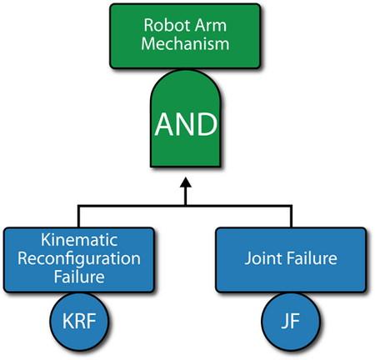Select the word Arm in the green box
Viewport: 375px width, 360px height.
(211, 25)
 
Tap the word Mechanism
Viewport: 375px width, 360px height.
(185, 43)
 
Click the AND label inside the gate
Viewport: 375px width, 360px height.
(186, 124)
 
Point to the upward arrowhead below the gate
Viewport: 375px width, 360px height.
(186, 182)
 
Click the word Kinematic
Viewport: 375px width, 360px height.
(79, 240)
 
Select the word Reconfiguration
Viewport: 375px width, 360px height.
(79, 259)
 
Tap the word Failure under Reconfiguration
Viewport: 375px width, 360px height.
(79, 277)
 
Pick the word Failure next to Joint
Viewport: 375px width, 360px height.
(312, 258)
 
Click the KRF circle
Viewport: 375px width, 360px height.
(79, 322)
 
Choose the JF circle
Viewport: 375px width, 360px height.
(291, 322)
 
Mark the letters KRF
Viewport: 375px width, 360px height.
(79, 321)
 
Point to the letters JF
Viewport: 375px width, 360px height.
(291, 321)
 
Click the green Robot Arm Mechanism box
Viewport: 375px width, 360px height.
(185, 36)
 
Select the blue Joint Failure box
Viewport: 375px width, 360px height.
(291, 260)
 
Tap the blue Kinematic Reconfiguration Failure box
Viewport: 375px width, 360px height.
(79, 260)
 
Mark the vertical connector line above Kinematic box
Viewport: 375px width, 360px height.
(78, 217)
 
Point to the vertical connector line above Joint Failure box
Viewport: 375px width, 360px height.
(291, 217)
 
